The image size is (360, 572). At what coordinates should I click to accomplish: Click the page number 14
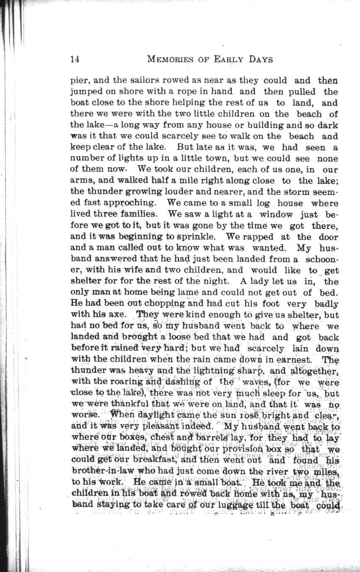(75, 59)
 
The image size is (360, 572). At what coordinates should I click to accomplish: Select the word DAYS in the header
(261, 59)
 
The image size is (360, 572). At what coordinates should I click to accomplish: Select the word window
(276, 214)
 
